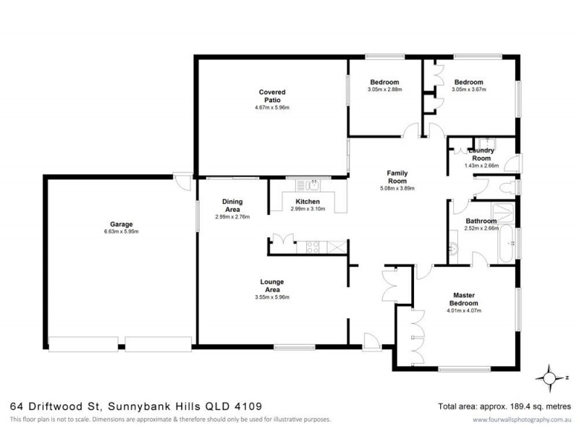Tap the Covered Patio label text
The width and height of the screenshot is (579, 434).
272,96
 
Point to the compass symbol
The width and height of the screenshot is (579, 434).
551,377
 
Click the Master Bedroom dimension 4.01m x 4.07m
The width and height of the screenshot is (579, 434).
463,311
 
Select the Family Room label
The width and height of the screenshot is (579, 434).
398,178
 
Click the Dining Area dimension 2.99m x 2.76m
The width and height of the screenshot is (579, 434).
232,217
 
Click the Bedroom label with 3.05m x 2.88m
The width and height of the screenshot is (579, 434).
384,82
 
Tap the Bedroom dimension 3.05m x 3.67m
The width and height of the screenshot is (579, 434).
468,90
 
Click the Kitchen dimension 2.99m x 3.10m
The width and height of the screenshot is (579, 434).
308,209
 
